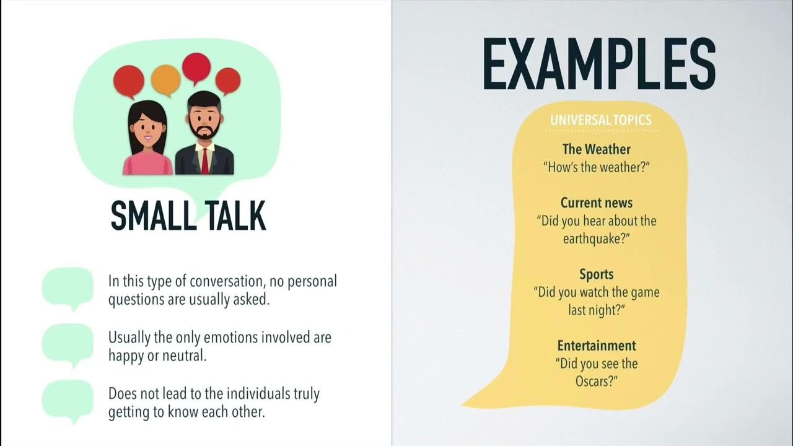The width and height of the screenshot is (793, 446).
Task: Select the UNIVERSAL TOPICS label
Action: (600, 120)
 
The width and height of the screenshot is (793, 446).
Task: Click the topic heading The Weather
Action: (596, 149)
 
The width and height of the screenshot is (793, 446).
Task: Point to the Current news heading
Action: (596, 203)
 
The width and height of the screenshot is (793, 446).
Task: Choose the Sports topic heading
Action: (596, 274)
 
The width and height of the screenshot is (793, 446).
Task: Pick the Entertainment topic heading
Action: (596, 346)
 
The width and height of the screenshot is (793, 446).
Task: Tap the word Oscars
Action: (594, 381)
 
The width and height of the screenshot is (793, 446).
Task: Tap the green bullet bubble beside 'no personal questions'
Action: (68, 287)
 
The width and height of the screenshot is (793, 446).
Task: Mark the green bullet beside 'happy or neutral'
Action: (68, 343)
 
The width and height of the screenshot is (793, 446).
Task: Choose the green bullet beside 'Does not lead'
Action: (68, 400)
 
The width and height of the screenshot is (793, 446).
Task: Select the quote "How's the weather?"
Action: (596, 167)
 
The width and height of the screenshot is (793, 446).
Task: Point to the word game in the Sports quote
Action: (642, 292)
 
